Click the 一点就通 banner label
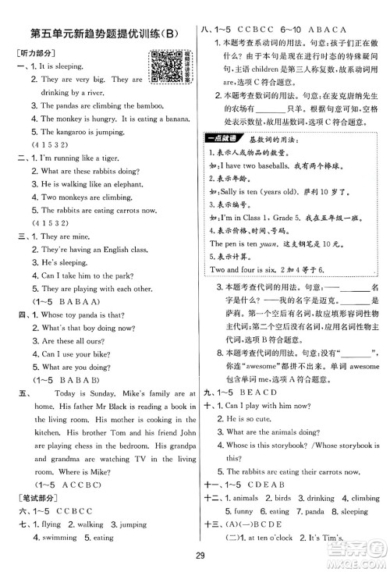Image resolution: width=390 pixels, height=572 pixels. tap(228, 138)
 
